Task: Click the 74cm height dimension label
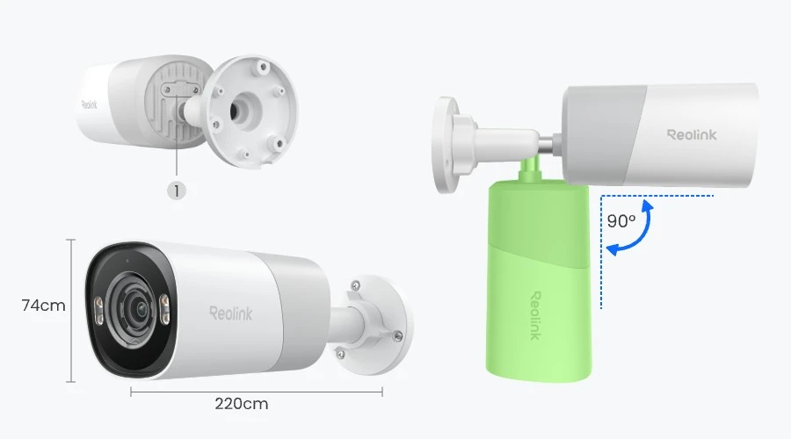click(x=43, y=306)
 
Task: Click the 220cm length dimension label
click(x=242, y=404)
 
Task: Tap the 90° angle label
click(x=621, y=220)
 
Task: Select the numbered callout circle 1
click(x=177, y=191)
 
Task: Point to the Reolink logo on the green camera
click(x=535, y=315)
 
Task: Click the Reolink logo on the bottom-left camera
click(x=231, y=313)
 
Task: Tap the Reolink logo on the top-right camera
click(x=692, y=134)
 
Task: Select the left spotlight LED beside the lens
click(x=98, y=311)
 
